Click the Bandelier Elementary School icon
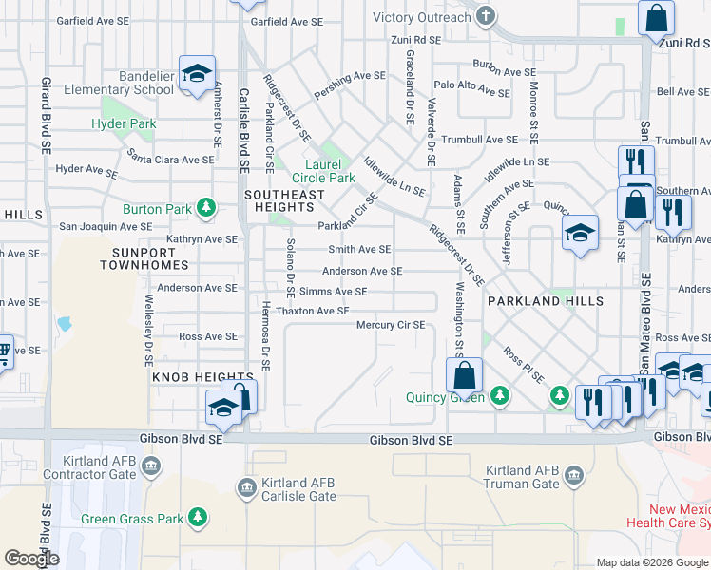(197, 73)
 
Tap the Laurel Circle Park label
(323, 171)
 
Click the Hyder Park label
(124, 123)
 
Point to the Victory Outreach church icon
(486, 16)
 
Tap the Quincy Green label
(446, 397)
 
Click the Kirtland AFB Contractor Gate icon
(151, 465)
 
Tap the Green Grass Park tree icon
(197, 518)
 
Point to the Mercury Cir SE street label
(390, 325)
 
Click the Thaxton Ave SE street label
(313, 311)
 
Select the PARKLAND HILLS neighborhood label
(545, 301)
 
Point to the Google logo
(32, 558)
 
